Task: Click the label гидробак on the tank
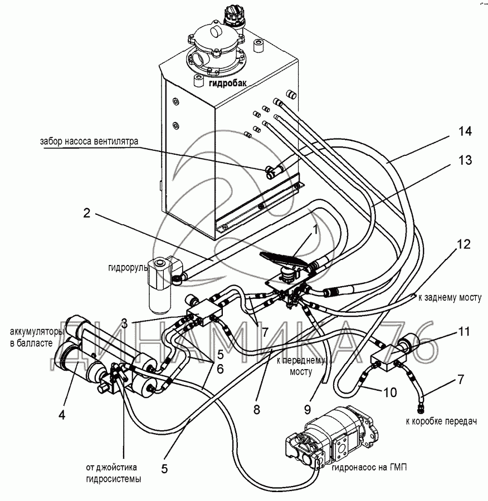click(x=228, y=83)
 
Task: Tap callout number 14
click(x=465, y=131)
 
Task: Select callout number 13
click(x=465, y=160)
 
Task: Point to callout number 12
click(x=463, y=244)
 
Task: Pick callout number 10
click(x=389, y=392)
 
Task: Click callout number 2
click(x=87, y=213)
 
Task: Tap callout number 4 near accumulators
click(x=62, y=415)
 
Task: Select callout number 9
click(x=308, y=409)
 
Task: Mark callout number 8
click(x=257, y=409)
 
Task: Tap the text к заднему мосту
click(x=450, y=298)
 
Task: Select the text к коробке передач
click(x=441, y=421)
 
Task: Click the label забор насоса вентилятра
click(x=89, y=141)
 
